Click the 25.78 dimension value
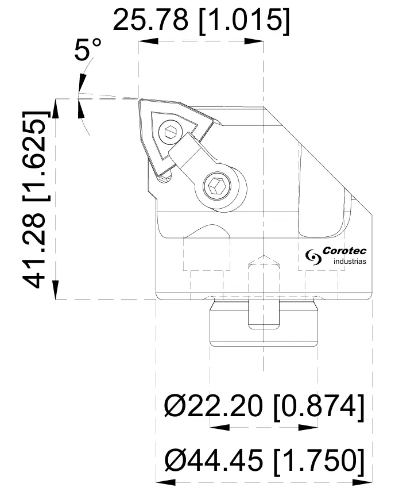coord(151,20)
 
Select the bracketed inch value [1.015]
coord(242,20)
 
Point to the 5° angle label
coord(87,51)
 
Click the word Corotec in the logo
coord(344,251)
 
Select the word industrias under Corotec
coord(350,262)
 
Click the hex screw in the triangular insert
coord(169,133)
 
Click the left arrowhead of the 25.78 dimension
coord(144,41)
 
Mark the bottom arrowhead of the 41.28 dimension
coord(56,293)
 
